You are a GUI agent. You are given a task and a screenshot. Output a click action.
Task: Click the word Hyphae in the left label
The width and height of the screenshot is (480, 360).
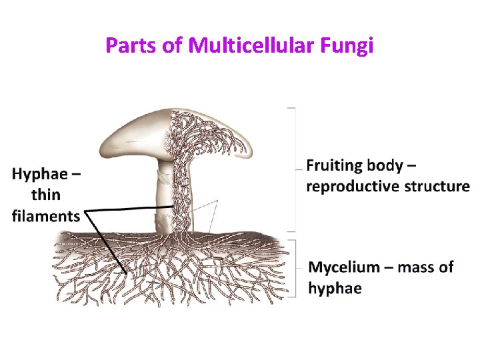[39, 175]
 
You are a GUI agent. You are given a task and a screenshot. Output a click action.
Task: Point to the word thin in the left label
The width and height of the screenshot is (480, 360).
[45, 195]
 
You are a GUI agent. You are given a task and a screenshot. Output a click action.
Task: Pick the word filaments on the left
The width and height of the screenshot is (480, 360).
[45, 215]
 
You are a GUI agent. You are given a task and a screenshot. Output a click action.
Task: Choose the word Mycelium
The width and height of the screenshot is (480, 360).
[345, 267]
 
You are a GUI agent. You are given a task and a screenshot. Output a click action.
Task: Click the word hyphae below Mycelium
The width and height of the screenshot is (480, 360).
[335, 288]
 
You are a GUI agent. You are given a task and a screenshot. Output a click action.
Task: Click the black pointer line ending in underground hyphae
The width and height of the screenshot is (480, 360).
[107, 243]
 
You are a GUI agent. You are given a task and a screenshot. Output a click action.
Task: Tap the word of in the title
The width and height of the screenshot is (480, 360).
[175, 46]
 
